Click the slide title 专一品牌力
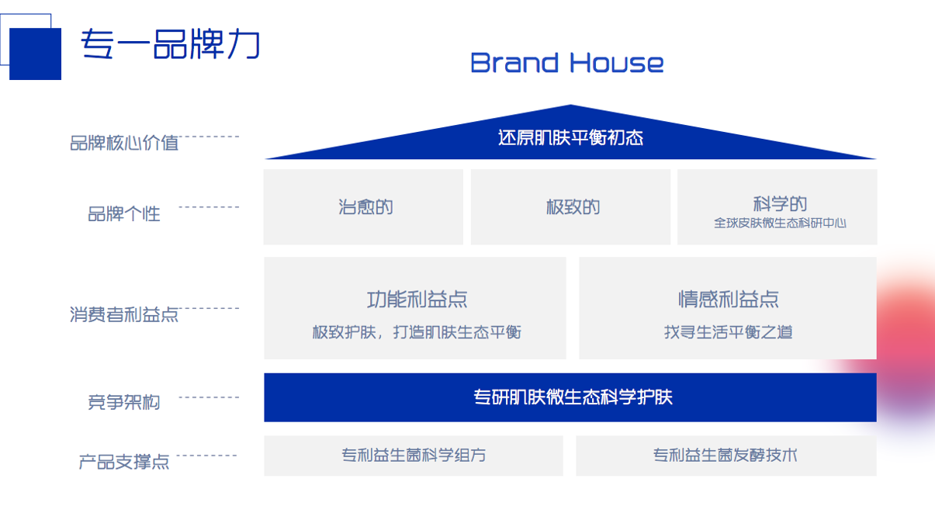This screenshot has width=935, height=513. (170, 46)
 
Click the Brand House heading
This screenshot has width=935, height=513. (566, 63)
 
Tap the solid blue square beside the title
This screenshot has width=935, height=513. (36, 54)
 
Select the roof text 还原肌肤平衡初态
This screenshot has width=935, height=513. (570, 138)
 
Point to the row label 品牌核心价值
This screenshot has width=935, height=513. (124, 143)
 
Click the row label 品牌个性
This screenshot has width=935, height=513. (124, 213)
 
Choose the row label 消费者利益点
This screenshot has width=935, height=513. (124, 314)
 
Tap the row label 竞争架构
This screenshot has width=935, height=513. (124, 402)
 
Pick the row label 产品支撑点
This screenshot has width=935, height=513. (124, 462)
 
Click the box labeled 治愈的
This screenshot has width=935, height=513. (364, 207)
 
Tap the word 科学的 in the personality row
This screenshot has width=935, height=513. (779, 203)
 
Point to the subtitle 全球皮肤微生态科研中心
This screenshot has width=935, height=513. (779, 224)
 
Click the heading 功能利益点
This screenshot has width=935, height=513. (417, 299)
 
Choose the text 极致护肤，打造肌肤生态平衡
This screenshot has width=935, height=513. (417, 332)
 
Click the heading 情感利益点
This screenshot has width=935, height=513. (728, 299)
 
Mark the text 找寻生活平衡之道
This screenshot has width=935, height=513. (728, 332)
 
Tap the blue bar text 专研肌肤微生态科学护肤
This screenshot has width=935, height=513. (572, 397)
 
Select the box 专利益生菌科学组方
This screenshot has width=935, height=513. (414, 456)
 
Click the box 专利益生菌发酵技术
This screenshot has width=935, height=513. (725, 456)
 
